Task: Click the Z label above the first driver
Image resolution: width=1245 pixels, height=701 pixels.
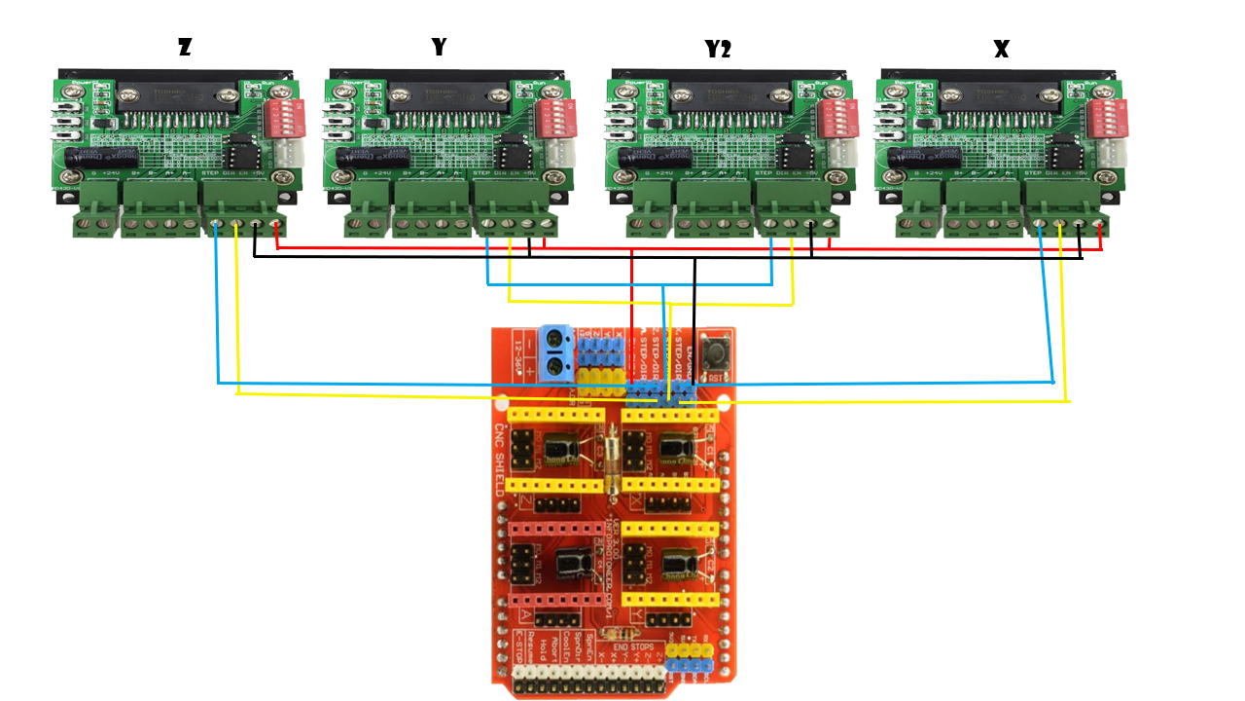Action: coord(185,47)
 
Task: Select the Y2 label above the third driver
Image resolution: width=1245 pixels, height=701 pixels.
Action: coord(718,49)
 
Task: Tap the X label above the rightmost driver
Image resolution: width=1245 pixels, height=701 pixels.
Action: coord(1002,49)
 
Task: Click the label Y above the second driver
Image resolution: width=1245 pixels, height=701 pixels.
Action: coord(439,47)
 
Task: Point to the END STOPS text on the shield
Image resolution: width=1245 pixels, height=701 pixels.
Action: coord(633,645)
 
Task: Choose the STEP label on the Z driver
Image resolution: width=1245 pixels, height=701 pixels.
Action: coord(209,172)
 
